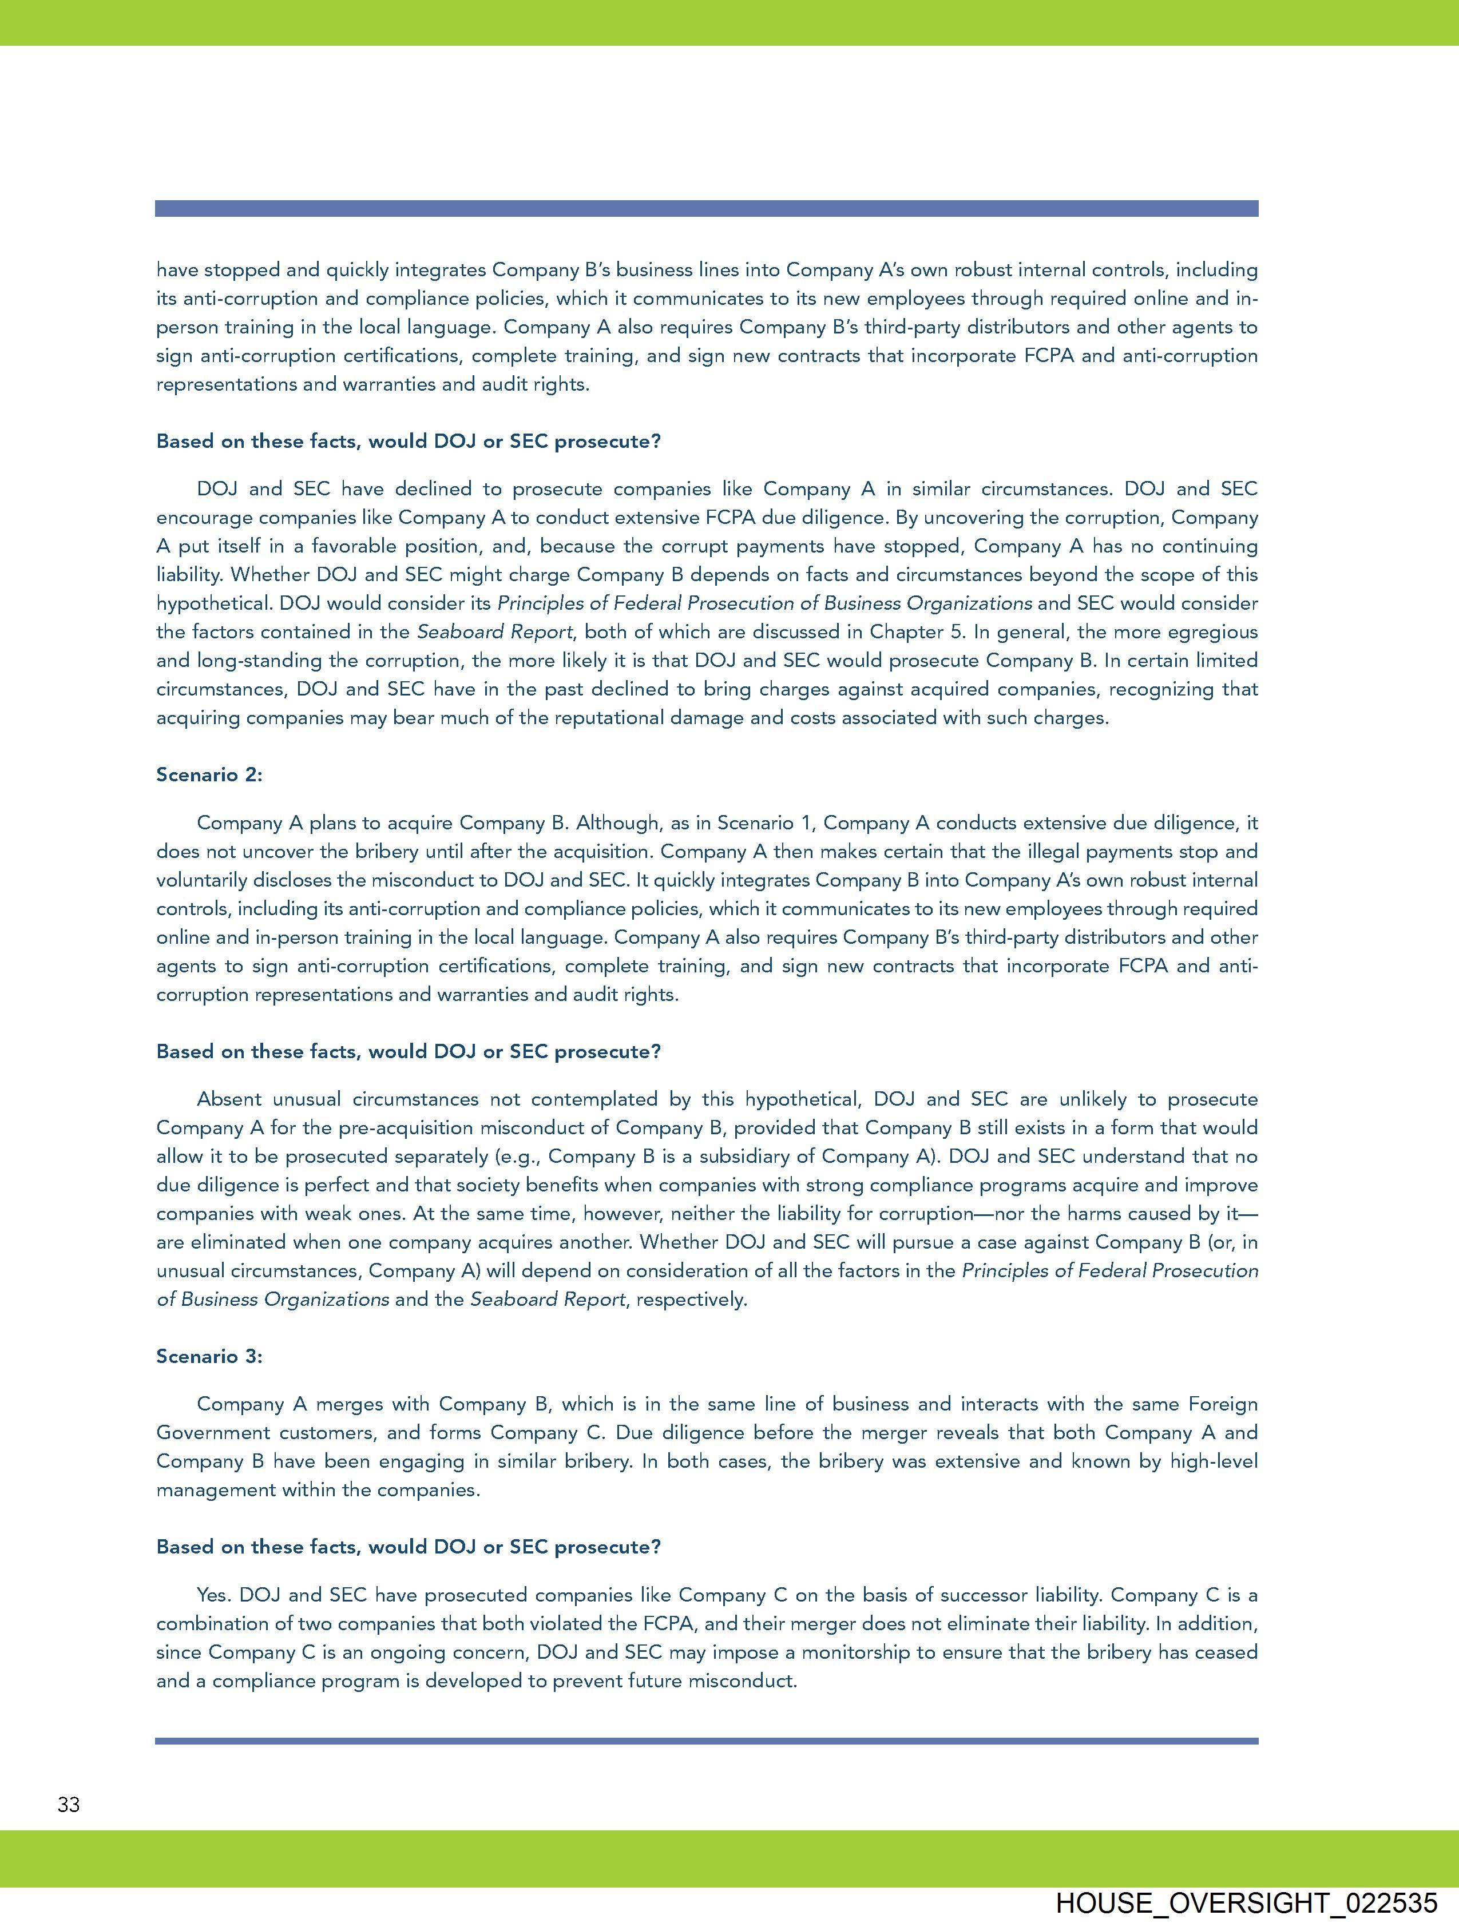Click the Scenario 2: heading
pos(209,774)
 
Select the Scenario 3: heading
pos(209,1356)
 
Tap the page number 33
pos(69,1804)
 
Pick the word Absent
pos(229,1099)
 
